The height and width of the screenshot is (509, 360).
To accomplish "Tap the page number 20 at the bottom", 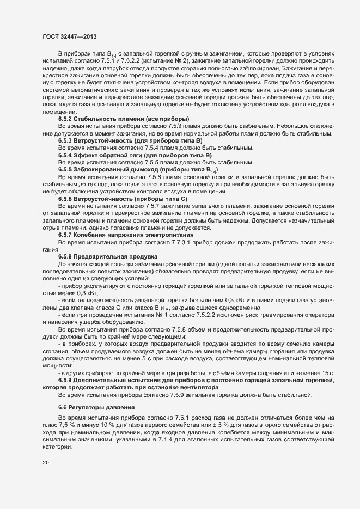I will (45, 463).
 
